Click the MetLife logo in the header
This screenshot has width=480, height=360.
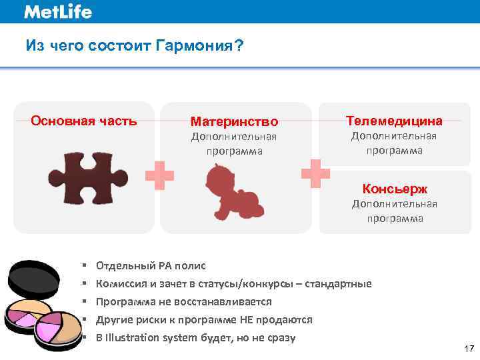coord(57,11)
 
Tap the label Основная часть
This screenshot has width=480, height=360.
coord(84,121)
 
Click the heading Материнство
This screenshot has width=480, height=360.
coord(234,122)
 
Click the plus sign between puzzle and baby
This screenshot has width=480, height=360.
coord(160,175)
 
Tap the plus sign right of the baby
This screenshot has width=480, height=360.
coord(315,173)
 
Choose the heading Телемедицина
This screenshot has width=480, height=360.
coord(394,121)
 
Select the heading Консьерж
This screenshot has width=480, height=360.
coord(394,189)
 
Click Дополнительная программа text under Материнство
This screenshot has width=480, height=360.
coord(234,143)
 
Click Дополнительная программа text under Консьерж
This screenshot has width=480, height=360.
coord(394,211)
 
